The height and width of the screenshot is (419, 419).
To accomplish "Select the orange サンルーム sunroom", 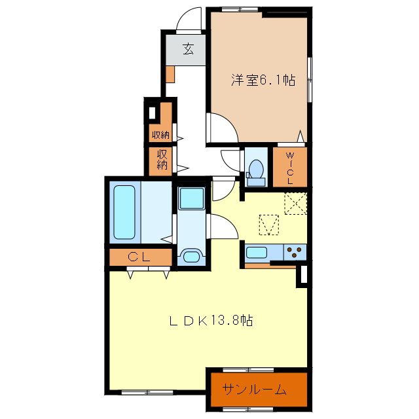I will click(257, 390).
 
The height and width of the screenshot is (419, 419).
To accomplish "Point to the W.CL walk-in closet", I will click(289, 168).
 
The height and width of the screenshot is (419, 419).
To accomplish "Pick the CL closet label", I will click(139, 257).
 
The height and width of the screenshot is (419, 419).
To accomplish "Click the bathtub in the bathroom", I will click(124, 211).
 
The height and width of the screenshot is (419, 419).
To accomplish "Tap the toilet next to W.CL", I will click(255, 168).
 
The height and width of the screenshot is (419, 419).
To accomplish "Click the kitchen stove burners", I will click(295, 251).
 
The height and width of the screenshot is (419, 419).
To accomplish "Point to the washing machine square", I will click(192, 198).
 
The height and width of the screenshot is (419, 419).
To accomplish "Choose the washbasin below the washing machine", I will click(192, 257).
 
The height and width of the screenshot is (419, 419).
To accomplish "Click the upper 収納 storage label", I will click(160, 136).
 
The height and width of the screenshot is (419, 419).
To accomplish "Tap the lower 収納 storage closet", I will click(162, 160).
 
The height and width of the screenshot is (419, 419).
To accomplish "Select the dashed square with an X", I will click(296, 204).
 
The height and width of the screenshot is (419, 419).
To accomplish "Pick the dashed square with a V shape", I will click(269, 225).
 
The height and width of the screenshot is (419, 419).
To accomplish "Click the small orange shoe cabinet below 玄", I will click(170, 73).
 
